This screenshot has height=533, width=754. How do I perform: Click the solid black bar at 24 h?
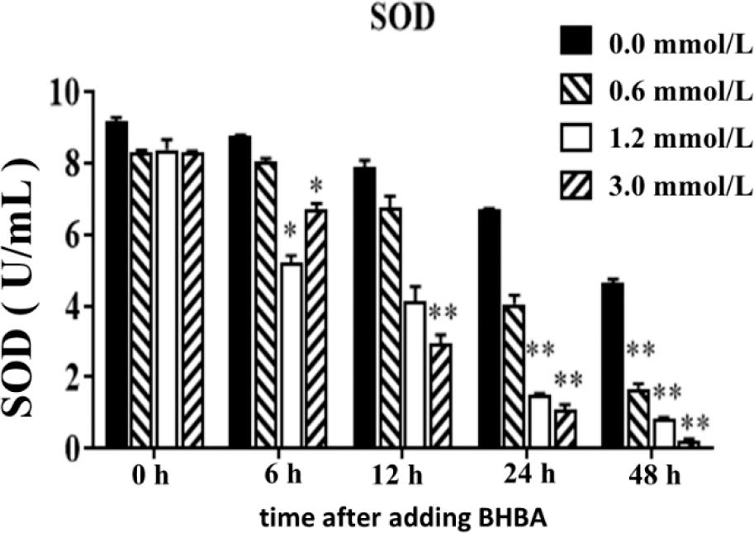tap(489, 329)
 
